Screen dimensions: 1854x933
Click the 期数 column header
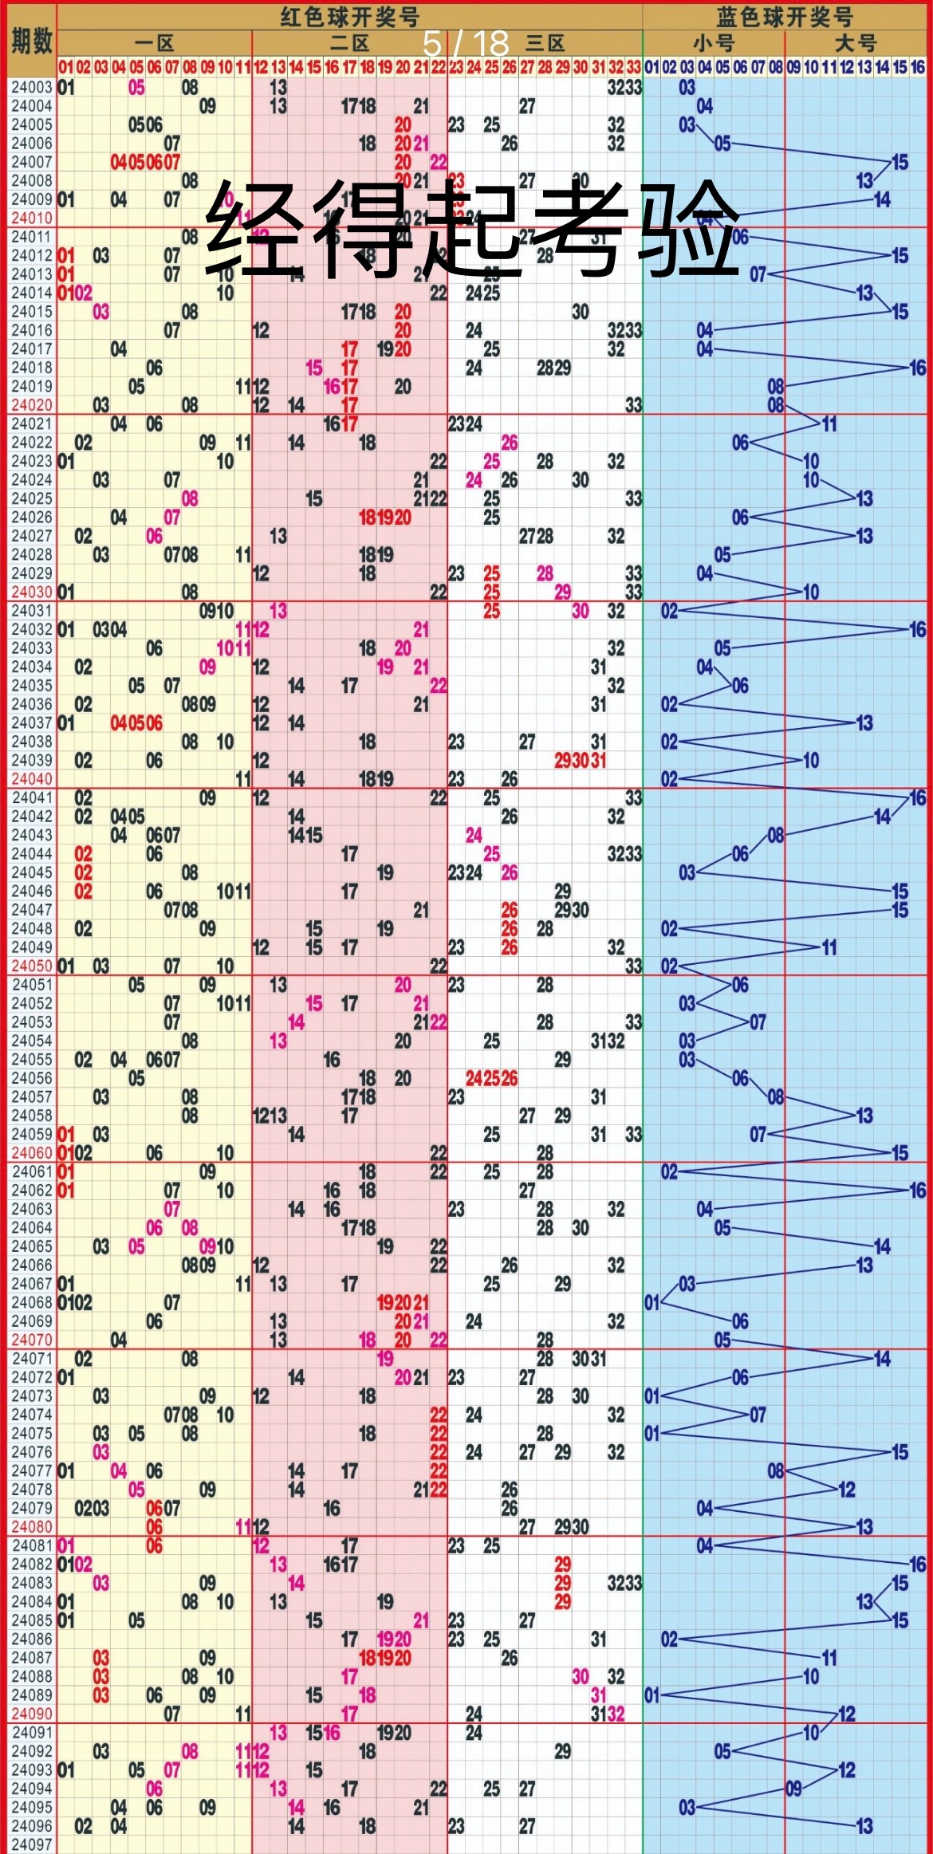(x=30, y=40)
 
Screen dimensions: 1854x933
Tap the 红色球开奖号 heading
(x=349, y=16)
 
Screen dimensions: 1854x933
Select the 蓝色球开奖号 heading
(x=785, y=16)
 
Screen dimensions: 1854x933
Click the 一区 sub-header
(x=154, y=43)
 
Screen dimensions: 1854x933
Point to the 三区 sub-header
(x=545, y=43)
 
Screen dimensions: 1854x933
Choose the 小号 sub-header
(x=713, y=43)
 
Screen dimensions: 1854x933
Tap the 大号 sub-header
(x=855, y=43)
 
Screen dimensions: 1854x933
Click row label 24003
(x=30, y=88)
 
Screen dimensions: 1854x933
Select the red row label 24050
(x=30, y=966)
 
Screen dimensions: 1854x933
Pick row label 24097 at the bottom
(x=30, y=1844)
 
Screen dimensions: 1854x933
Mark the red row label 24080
(x=30, y=1527)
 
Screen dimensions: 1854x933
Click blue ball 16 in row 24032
(x=917, y=630)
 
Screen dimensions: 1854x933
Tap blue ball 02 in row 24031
(x=669, y=611)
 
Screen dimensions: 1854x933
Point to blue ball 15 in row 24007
(x=900, y=163)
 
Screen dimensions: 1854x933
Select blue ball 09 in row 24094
(x=793, y=1789)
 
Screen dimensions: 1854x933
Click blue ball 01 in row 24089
(x=652, y=1695)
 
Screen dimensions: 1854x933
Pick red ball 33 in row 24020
(x=633, y=405)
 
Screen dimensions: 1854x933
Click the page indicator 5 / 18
(x=466, y=43)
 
